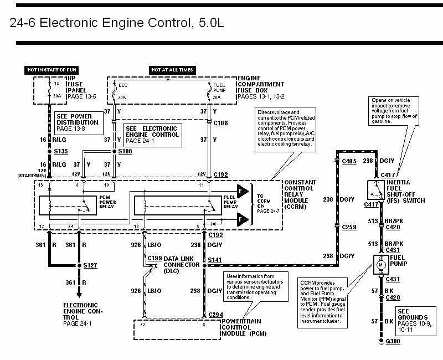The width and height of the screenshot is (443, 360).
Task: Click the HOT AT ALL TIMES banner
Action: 172,70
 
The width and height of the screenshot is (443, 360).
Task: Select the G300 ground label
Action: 392,341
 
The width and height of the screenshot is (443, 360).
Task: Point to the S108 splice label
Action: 126,150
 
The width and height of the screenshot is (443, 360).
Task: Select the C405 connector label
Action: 349,161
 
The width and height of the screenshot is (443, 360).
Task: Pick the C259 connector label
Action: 349,227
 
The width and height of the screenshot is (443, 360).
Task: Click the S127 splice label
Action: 90,266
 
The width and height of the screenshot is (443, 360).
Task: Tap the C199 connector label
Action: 154,258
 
